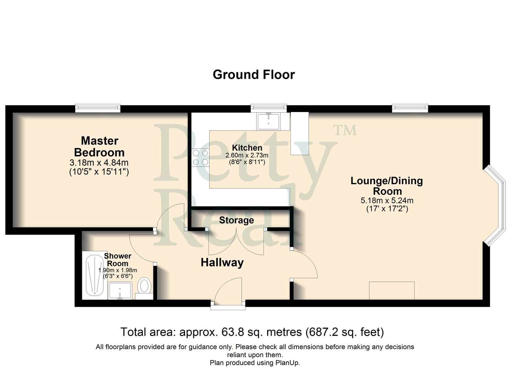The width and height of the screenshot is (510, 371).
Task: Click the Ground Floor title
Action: click(x=253, y=75)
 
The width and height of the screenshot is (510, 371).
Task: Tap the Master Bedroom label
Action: click(x=99, y=146)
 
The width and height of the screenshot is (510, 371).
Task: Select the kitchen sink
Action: click(x=269, y=121)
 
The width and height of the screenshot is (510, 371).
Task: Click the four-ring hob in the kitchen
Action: click(x=200, y=157)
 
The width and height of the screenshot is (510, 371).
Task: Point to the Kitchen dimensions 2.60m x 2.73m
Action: click(x=247, y=155)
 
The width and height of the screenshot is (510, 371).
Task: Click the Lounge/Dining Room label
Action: click(x=387, y=185)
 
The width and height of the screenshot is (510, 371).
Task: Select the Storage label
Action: click(x=236, y=220)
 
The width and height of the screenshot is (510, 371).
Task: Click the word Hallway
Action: click(x=222, y=262)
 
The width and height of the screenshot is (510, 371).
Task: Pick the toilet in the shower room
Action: click(x=145, y=286)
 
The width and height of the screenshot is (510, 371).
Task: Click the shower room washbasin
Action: click(x=120, y=291)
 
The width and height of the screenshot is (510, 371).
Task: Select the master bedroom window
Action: click(x=98, y=108)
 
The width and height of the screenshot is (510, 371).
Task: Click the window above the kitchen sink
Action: click(x=269, y=108)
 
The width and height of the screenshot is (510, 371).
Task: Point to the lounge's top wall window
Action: click(x=410, y=108)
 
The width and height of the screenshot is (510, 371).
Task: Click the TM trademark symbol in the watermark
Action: click(x=345, y=130)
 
